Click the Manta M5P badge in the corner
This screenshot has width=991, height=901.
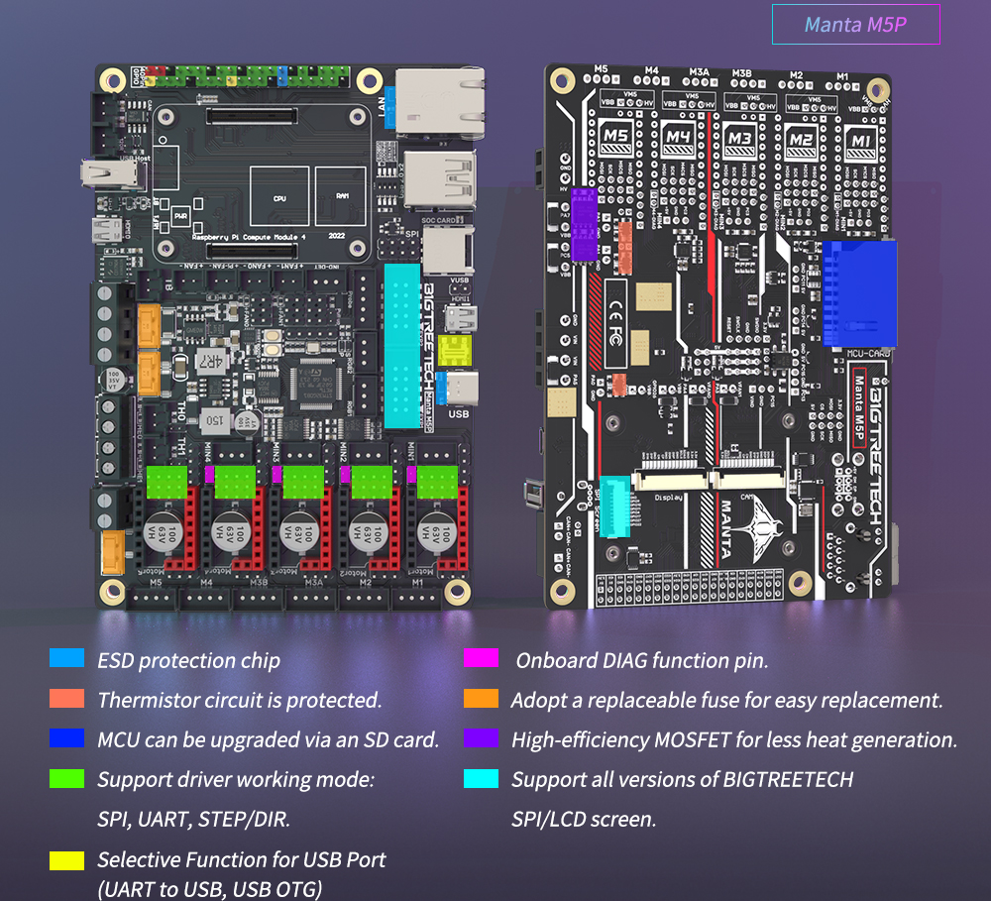tap(855, 25)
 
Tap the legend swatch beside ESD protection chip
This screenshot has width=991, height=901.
tap(67, 659)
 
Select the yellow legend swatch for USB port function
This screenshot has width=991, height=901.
tap(67, 860)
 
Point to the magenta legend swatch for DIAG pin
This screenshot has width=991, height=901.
tap(481, 659)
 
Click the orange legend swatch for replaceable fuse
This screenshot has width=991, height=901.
tap(481, 699)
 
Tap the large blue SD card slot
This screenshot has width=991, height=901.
tap(857, 292)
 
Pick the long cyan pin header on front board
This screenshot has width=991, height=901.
tap(404, 345)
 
